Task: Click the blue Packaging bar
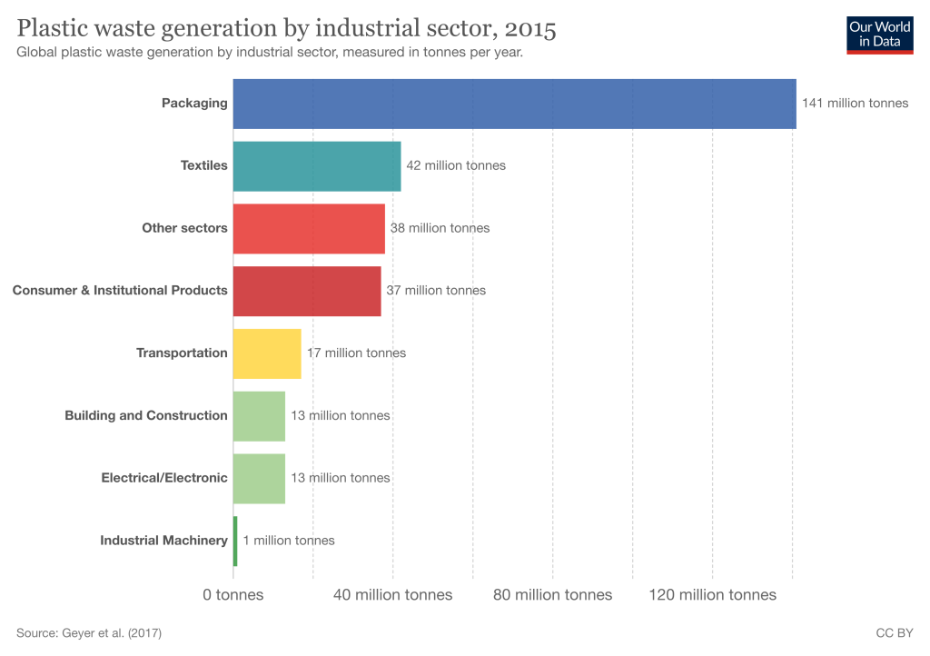coord(514,104)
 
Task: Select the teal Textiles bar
coord(317,166)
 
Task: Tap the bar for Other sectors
coord(309,228)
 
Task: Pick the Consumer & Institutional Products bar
coord(307,291)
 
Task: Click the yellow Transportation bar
coord(267,353)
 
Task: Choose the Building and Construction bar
coord(259,416)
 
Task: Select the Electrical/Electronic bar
coord(259,478)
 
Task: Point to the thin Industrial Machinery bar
coord(235,541)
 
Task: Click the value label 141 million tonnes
coord(855,104)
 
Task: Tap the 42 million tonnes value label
coord(456,166)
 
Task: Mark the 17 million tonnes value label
coord(356,353)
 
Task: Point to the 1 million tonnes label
coord(289,541)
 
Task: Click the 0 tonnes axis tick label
coord(233,595)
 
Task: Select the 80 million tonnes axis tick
coord(552,595)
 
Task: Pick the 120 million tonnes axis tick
coord(712,595)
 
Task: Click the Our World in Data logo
coord(879,34)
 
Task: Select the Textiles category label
coord(203,166)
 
